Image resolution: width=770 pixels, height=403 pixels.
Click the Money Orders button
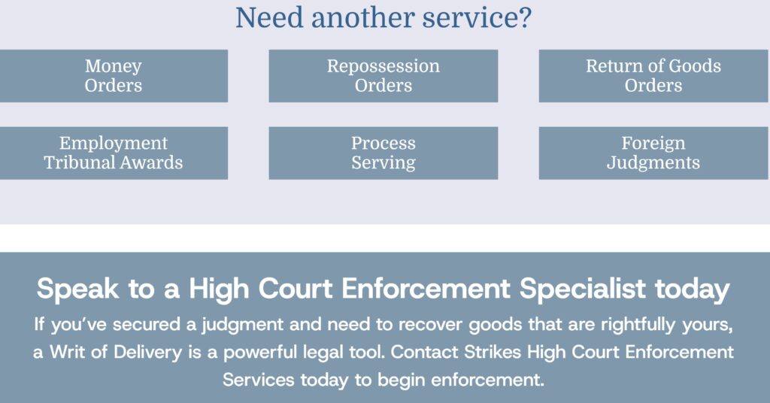point(114,76)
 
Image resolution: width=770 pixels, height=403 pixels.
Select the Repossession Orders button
point(383,76)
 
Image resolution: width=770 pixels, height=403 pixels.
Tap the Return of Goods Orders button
point(653,76)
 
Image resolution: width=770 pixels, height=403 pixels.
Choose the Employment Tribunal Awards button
point(114,153)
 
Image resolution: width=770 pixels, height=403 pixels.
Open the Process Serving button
point(383,153)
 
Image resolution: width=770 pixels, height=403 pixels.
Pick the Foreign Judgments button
point(653,153)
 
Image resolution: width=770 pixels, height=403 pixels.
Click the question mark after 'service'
point(524,18)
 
